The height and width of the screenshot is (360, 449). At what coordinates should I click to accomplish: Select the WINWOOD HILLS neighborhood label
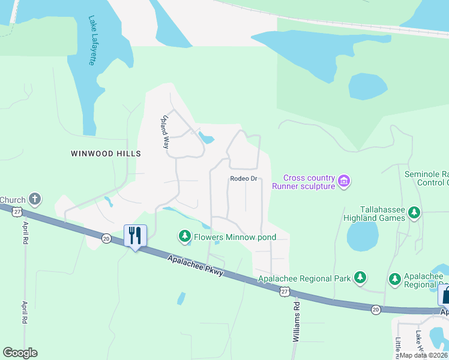[106, 154]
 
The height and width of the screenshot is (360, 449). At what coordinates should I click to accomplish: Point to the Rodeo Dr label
[244, 179]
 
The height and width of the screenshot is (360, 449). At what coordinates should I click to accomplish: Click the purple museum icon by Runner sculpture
[344, 181]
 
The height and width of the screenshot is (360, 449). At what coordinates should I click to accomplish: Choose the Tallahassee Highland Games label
[376, 214]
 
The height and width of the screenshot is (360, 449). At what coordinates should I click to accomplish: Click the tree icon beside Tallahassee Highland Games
[414, 212]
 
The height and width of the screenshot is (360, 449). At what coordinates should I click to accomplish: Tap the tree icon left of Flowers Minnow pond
[185, 236]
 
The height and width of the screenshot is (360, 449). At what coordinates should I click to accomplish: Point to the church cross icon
[35, 199]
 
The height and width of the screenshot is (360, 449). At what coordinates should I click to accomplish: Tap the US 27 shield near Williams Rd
[285, 291]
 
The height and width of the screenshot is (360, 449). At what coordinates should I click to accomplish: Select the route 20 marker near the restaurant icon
[106, 238]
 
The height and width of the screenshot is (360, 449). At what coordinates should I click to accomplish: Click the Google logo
[20, 352]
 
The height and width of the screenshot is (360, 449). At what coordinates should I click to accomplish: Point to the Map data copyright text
[424, 355]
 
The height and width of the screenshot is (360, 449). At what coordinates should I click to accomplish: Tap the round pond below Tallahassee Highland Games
[363, 235]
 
